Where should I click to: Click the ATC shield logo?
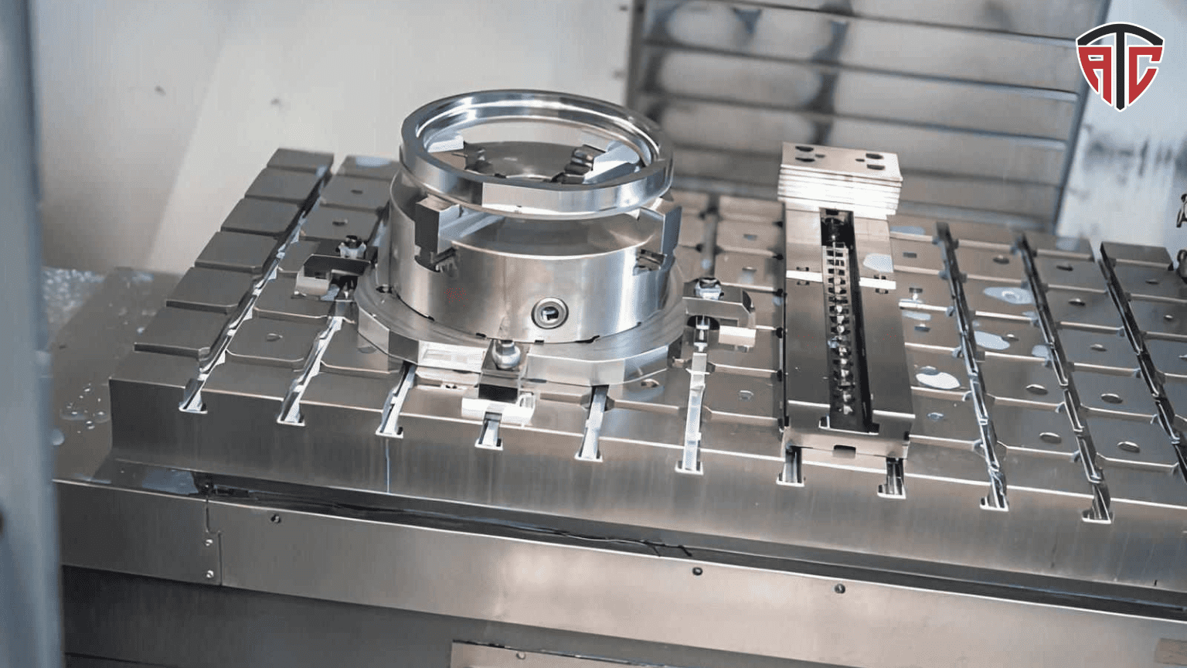[x=1120, y=66]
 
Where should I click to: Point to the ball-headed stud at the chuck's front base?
[x=507, y=353]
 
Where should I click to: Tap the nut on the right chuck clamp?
[x=709, y=288]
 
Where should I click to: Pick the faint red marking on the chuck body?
[x=454, y=295]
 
